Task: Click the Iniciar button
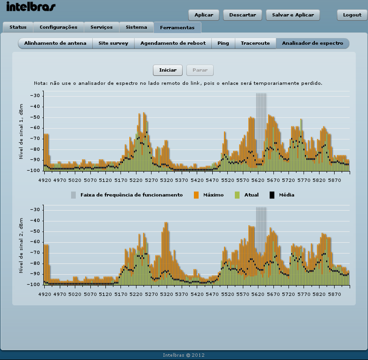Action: (168, 70)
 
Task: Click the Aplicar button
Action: (204, 15)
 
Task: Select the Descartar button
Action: (242, 15)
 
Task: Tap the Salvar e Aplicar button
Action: (293, 15)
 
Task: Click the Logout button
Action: (352, 15)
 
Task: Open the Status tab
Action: (18, 27)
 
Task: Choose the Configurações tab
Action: (58, 27)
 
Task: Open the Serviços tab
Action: (102, 27)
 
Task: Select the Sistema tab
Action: (136, 27)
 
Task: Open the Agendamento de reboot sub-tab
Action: (173, 43)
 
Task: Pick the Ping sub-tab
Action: (223, 43)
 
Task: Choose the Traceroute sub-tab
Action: (255, 43)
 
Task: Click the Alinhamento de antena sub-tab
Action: (56, 43)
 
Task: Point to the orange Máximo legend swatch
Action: (196, 195)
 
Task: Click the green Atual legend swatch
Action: (237, 195)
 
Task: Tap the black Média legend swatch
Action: (272, 195)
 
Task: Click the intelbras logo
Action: (31, 7)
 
